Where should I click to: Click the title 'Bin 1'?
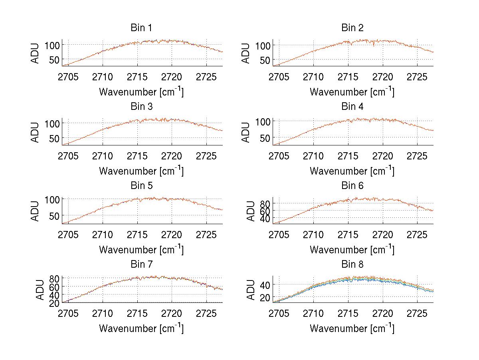141,28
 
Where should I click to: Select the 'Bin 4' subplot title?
352,107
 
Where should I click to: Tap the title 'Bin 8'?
352,265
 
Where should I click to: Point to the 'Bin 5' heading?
141,186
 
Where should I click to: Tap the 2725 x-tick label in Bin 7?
207,313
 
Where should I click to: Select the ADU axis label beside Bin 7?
36,289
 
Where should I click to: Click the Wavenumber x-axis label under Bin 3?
141,170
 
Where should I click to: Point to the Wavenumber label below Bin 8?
352,328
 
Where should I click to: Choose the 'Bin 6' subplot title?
352,186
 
